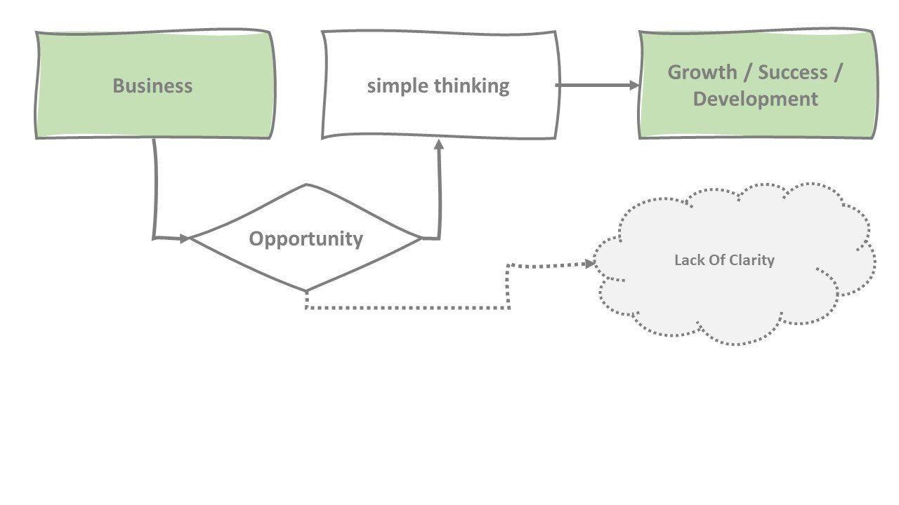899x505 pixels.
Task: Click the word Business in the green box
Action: pyautogui.click(x=152, y=86)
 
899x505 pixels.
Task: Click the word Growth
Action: pyautogui.click(x=702, y=72)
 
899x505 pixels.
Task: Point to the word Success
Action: pyautogui.click(x=792, y=72)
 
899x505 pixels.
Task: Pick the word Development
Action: pyautogui.click(x=756, y=98)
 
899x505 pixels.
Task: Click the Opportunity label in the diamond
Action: pyautogui.click(x=306, y=238)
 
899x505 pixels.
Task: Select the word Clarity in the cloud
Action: pyautogui.click(x=751, y=260)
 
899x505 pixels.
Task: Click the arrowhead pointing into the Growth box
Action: pyautogui.click(x=634, y=86)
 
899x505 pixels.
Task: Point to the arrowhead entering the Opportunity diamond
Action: pyautogui.click(x=185, y=238)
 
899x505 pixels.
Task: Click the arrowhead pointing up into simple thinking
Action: pyautogui.click(x=440, y=144)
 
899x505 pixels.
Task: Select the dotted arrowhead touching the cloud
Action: pyautogui.click(x=590, y=264)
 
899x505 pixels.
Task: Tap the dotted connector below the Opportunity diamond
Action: pyautogui.click(x=407, y=307)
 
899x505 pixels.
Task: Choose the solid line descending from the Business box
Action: pyautogui.click(x=155, y=189)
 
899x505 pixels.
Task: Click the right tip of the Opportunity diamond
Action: pyautogui.click(x=421, y=238)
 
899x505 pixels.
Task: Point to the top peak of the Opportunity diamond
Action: pyautogui.click(x=306, y=185)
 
